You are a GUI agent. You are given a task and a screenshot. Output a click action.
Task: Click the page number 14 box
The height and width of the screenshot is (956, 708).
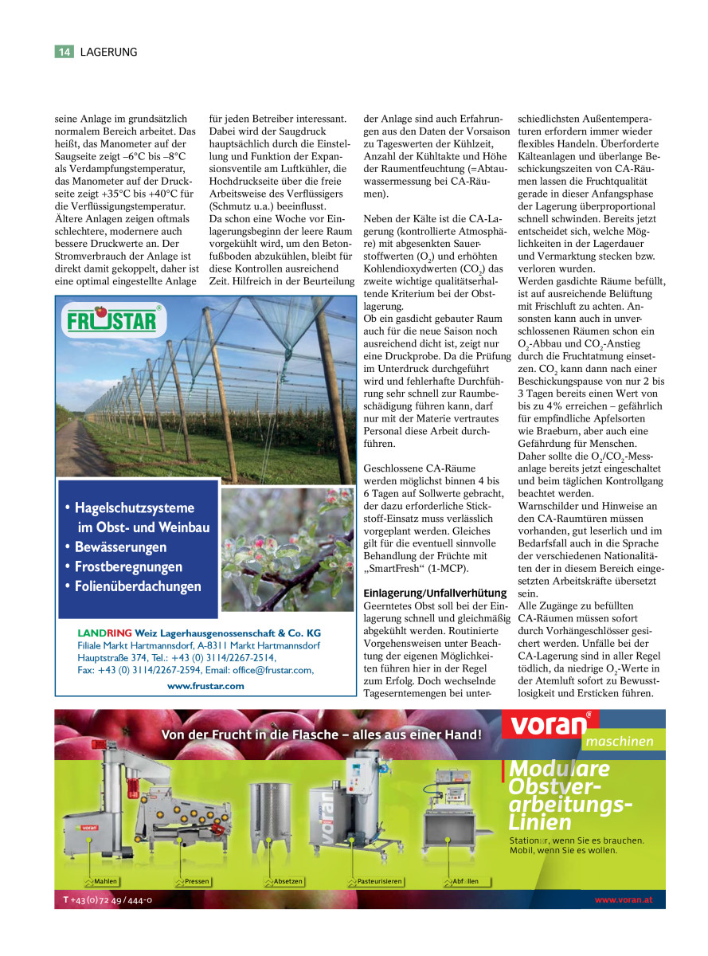coord(65,52)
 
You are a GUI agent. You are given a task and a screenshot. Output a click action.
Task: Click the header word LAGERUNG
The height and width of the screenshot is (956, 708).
coord(109,52)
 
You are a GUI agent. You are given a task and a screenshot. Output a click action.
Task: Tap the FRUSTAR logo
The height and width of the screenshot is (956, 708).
coord(113,322)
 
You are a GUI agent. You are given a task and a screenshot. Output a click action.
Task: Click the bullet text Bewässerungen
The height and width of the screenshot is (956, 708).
coord(120,547)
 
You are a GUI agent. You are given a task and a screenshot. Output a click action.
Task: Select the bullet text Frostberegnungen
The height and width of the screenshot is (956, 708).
coord(128,566)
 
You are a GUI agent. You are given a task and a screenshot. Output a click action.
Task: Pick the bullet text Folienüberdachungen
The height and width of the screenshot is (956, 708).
coord(138,586)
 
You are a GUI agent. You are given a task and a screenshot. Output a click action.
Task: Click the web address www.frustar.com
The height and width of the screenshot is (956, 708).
coord(205,685)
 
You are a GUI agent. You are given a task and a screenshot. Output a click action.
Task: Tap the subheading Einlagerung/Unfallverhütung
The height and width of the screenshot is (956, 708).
coord(435,593)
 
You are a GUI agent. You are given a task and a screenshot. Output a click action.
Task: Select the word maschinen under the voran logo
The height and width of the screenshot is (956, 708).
coord(620,742)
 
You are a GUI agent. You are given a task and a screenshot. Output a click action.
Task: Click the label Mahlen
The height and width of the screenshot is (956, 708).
coord(105,882)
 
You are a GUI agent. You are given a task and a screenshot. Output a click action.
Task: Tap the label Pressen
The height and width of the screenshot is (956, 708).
coord(196,882)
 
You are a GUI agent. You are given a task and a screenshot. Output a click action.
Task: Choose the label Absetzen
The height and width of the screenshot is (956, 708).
coord(288,882)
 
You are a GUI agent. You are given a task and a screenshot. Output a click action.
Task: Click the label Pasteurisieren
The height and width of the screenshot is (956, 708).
coord(379,882)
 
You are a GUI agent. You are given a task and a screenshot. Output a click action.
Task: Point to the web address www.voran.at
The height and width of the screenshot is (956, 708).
coord(624,899)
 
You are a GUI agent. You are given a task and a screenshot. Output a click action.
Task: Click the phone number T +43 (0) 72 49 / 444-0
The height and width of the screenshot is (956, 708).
coord(108,899)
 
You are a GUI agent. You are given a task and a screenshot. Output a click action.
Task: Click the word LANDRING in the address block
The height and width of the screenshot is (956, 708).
coord(104,633)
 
